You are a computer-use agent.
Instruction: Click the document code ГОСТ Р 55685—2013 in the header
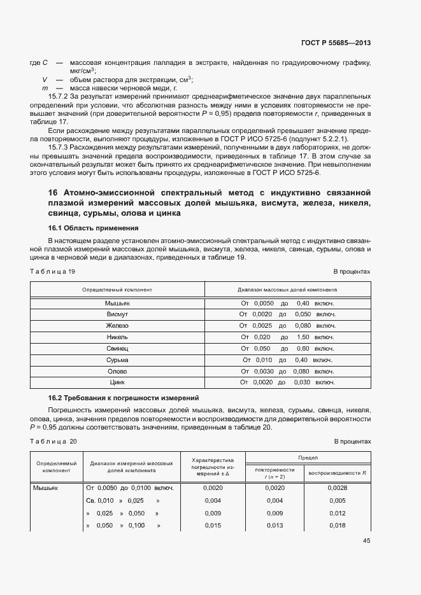336,43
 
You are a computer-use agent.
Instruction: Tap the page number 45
366,541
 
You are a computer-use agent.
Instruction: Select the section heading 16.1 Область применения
93,228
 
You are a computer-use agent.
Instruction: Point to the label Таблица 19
53,272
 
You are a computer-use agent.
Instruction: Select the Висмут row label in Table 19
117,314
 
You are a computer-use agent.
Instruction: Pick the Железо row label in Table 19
117,326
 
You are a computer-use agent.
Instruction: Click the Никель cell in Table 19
117,337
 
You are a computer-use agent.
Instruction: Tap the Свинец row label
117,349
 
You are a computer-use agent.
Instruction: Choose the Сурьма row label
117,360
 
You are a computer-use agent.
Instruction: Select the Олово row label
117,371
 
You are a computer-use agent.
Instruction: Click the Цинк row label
117,382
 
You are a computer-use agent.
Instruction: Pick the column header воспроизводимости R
337,473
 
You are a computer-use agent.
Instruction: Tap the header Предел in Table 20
307,458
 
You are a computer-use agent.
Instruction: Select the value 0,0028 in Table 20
337,487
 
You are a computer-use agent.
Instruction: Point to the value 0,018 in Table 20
337,526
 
